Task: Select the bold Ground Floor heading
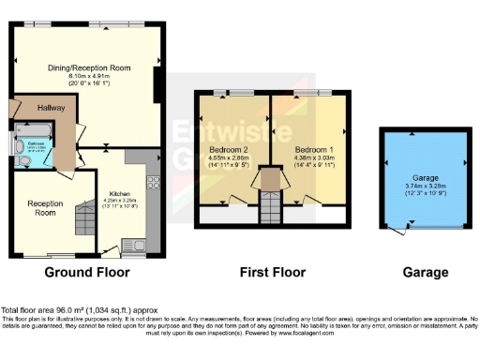click(x=87, y=273)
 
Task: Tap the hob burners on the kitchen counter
click(x=151, y=178)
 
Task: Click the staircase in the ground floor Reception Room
click(x=83, y=222)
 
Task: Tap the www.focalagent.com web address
click(x=316, y=332)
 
